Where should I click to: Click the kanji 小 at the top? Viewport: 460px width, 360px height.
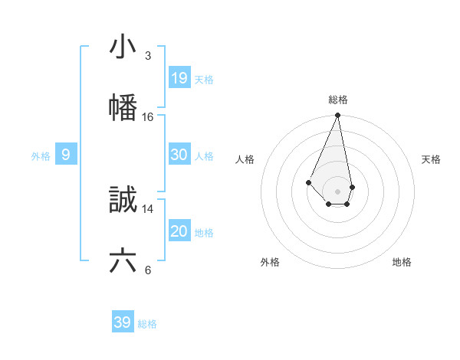(123, 47)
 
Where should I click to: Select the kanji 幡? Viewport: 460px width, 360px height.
(123, 107)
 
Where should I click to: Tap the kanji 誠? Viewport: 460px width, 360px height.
(123, 200)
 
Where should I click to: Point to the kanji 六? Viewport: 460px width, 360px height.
(123, 260)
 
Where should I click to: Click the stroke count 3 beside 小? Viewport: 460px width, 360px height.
(147, 56)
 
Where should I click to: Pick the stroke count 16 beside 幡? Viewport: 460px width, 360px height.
(147, 117)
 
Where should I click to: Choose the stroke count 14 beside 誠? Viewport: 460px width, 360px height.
(147, 208)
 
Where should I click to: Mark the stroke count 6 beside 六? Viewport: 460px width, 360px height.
(147, 270)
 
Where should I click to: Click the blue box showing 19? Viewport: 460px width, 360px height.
(179, 78)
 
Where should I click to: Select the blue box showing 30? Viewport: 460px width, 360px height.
(179, 155)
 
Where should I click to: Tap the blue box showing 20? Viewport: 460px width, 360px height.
(179, 231)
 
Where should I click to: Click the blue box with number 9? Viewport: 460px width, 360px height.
(66, 155)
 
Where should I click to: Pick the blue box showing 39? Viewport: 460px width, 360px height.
(123, 322)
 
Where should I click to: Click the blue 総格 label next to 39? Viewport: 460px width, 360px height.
(147, 324)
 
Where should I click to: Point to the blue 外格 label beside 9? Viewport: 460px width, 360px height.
(41, 156)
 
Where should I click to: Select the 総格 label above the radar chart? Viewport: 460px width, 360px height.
(338, 100)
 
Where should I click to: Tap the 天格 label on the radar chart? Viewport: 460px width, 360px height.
(431, 159)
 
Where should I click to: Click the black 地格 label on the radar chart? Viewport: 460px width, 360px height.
(402, 262)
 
